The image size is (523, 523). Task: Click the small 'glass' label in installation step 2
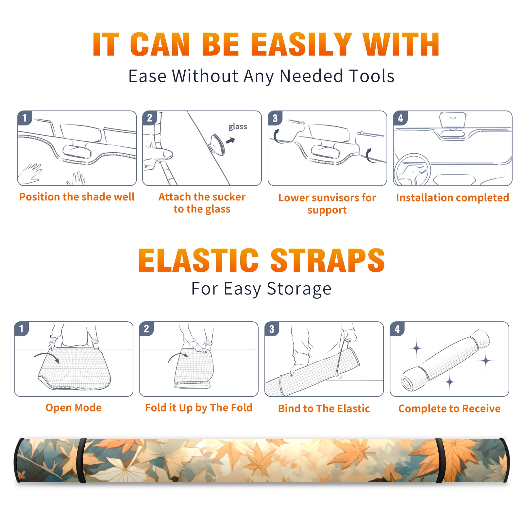pos(238,127)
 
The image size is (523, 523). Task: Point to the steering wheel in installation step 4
pos(412,170)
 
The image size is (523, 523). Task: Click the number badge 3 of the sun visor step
pos(275,118)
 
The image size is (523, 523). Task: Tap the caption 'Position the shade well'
pos(77,197)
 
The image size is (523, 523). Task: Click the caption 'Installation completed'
pos(452,198)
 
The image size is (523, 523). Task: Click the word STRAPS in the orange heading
pos(328,260)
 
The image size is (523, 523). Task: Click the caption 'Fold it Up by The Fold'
pos(199,408)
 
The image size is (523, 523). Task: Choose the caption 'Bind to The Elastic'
pos(324,409)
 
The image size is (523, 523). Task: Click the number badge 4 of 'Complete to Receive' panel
pos(397,329)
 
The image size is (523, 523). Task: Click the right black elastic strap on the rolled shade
pos(440,461)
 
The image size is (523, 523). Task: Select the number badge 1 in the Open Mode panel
pos(21,329)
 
